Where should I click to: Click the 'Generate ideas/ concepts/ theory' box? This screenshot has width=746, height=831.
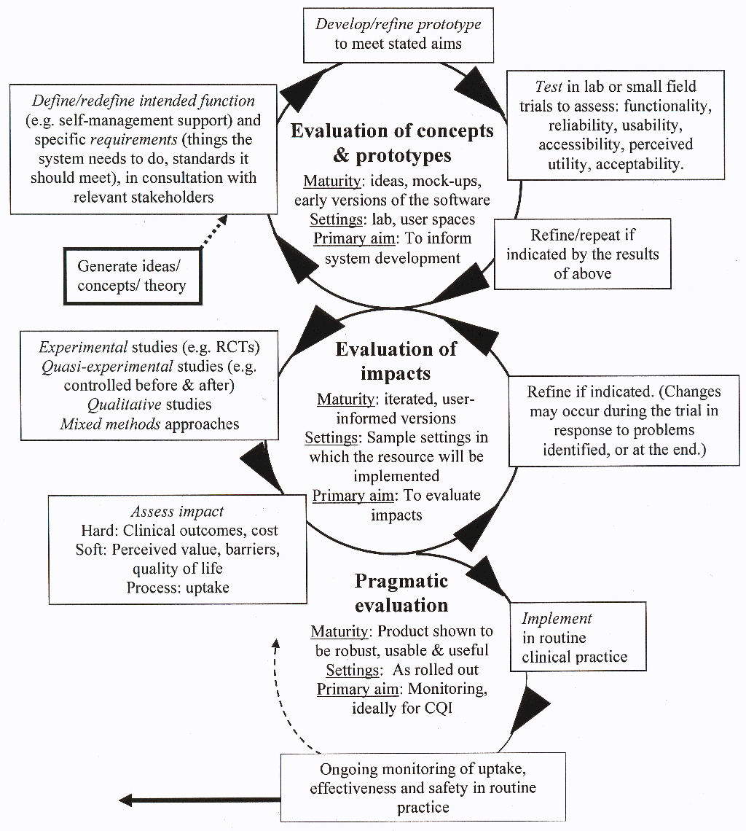(x=131, y=276)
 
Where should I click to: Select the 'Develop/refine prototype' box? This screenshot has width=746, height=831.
(x=398, y=34)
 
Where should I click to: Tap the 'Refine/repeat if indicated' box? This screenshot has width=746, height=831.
(x=582, y=254)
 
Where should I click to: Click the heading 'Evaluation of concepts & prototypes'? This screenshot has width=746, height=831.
(x=392, y=143)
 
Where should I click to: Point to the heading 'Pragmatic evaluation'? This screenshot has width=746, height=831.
(x=401, y=593)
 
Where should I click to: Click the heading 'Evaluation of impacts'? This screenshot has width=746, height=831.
(x=396, y=361)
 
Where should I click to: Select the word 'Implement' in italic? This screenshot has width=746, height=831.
(x=557, y=619)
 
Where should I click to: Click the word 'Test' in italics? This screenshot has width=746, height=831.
(x=549, y=87)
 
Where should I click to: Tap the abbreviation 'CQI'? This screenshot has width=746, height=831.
(x=436, y=708)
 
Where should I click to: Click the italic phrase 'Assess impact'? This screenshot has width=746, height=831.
(x=177, y=512)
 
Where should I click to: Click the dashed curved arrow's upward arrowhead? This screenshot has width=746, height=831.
(x=275, y=643)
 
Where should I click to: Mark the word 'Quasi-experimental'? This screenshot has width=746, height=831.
(x=107, y=366)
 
